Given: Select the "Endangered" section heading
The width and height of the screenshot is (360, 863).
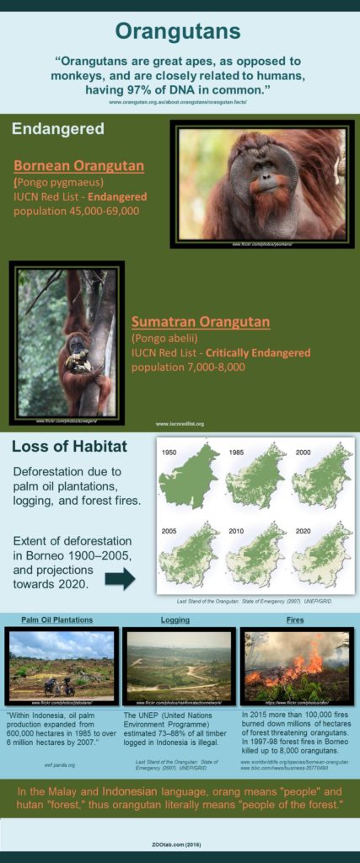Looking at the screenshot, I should tap(57, 129).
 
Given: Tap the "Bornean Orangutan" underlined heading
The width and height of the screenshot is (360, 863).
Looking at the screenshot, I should tap(78, 165).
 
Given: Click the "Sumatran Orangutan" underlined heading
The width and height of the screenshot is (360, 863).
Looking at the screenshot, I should tap(200, 322).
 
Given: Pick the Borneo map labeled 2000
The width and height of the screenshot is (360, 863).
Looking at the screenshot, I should tap(321, 480).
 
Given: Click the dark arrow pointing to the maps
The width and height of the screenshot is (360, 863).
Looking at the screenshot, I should tap(120, 578).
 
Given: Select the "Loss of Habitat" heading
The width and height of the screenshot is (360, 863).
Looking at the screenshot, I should tap(69, 447).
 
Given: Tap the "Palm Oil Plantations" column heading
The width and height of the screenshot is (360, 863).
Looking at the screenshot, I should tap(57, 619).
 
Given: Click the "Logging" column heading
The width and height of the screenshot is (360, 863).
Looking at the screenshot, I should tap(175, 619).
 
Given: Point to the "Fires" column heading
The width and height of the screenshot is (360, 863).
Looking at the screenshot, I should tap(294, 619).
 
